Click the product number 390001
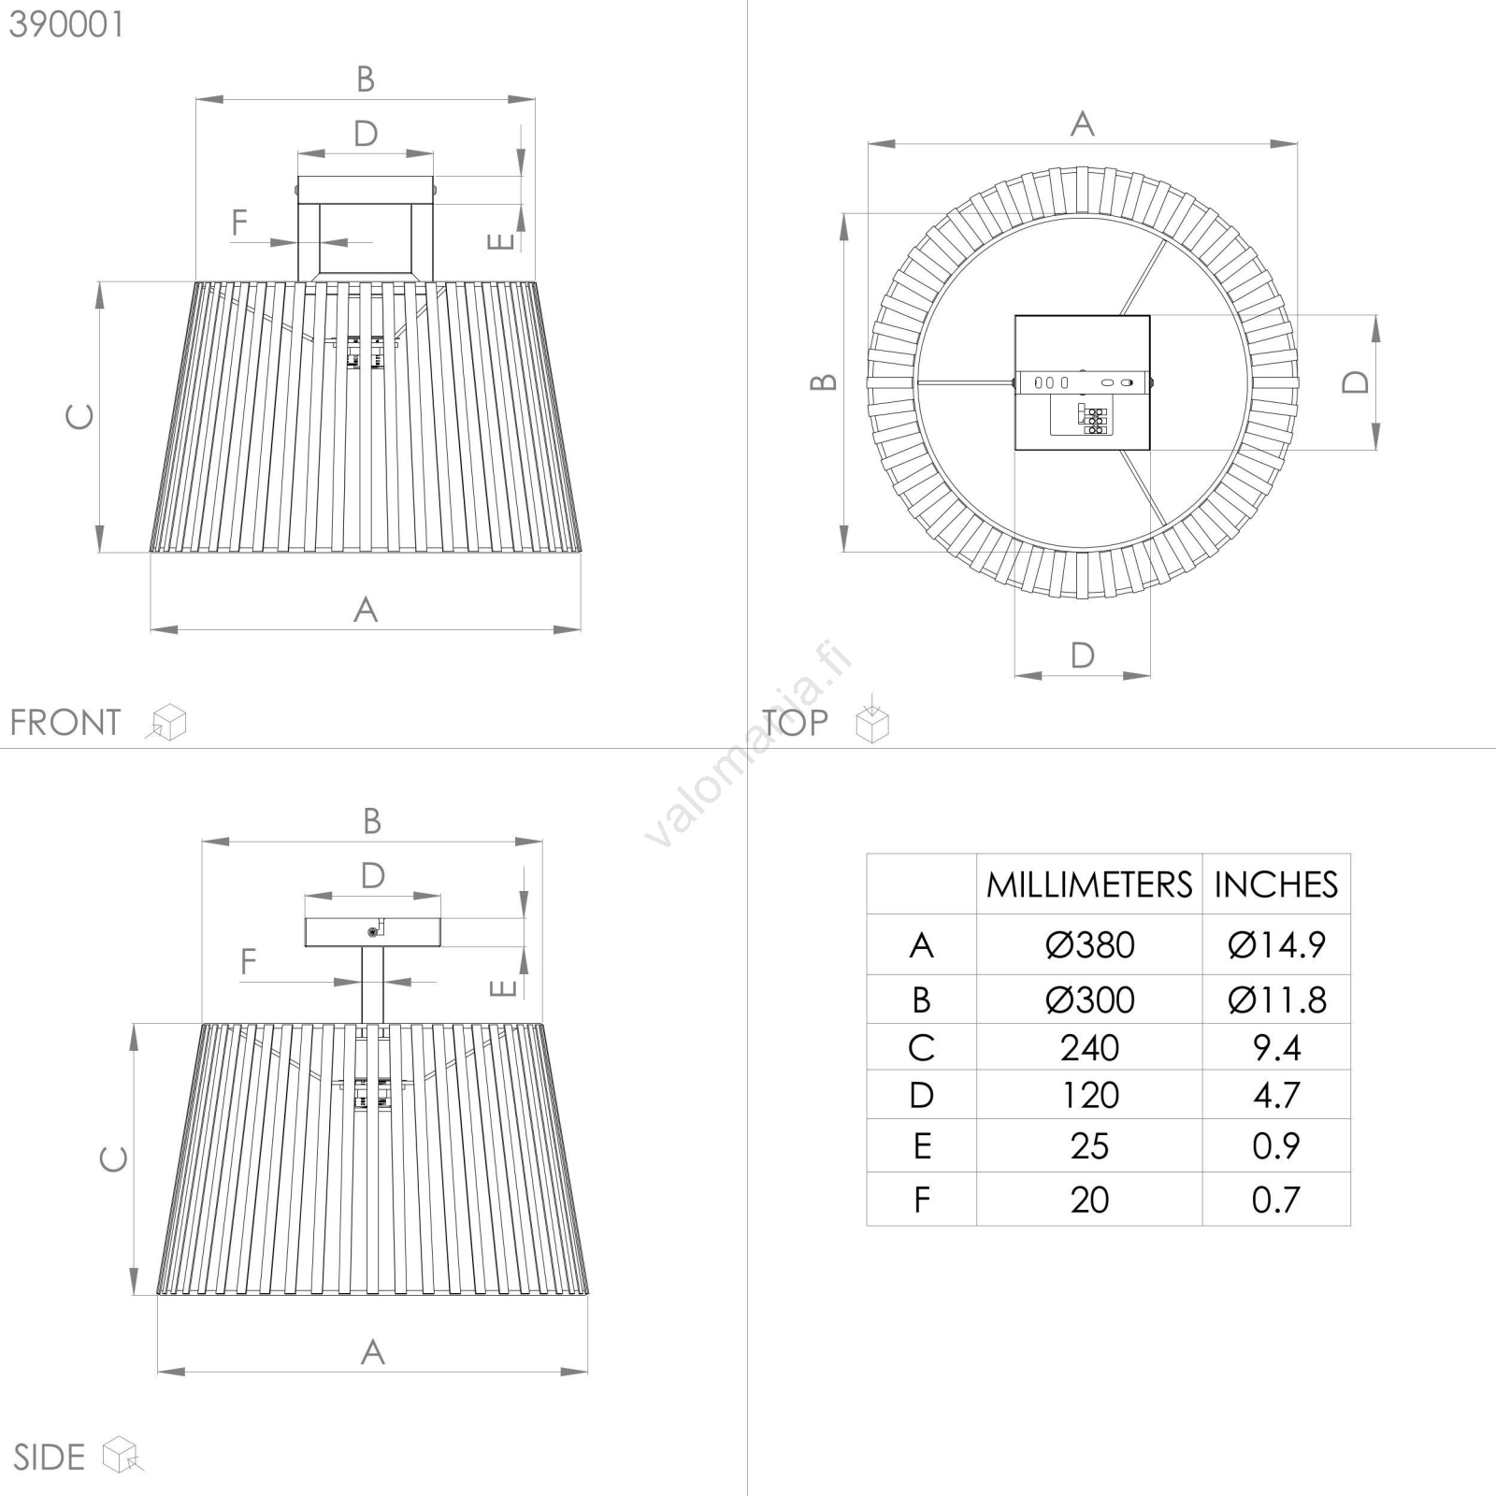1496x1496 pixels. [x=66, y=25]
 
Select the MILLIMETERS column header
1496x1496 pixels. [x=1089, y=885]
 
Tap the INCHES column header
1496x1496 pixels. [x=1276, y=885]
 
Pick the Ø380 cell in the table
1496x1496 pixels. [x=1089, y=945]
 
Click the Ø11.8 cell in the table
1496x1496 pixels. [x=1276, y=1000]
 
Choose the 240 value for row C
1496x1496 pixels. [x=1089, y=1048]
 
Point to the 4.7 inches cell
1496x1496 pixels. [x=1276, y=1095]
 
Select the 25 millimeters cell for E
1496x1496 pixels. [x=1089, y=1146]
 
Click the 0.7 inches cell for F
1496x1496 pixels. [x=1276, y=1200]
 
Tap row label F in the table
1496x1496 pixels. [x=922, y=1200]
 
